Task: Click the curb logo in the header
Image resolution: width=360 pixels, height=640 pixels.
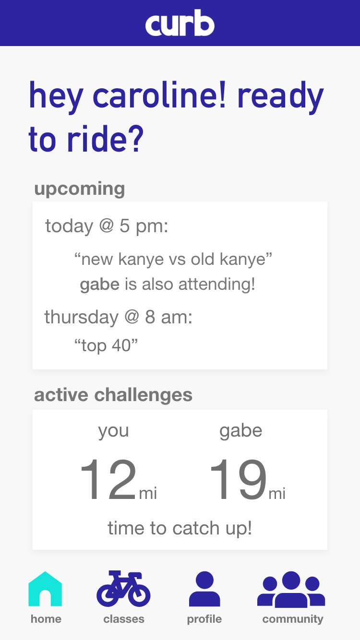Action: (x=180, y=23)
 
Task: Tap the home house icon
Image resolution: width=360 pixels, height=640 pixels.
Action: (x=45, y=589)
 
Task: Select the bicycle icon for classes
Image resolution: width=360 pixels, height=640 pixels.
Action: (x=123, y=589)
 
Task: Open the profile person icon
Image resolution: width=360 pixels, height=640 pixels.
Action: (x=204, y=589)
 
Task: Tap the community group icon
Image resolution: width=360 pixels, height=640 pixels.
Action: (x=291, y=589)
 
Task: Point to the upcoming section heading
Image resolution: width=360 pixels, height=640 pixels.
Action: (x=80, y=189)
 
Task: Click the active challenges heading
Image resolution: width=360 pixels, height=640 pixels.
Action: (x=113, y=395)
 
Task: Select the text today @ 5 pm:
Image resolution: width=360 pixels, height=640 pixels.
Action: (x=107, y=226)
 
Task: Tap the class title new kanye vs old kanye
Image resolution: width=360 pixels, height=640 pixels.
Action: (x=173, y=260)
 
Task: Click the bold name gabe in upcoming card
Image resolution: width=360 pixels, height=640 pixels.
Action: (x=99, y=285)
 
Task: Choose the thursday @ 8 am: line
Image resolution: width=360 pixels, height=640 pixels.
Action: (x=119, y=317)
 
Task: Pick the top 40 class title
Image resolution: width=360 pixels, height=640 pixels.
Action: (x=106, y=345)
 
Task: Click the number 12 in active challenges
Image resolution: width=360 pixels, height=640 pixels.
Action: (x=108, y=479)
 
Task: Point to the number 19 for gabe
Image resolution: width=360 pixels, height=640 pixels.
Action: (x=238, y=479)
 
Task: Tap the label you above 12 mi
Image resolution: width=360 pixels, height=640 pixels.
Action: (x=113, y=431)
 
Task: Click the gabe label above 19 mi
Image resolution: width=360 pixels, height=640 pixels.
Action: (x=241, y=431)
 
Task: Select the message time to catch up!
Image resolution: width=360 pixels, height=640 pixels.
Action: (x=180, y=528)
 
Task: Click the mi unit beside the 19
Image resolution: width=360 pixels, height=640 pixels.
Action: (x=277, y=493)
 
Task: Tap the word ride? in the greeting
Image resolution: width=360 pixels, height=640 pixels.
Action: (x=105, y=140)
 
